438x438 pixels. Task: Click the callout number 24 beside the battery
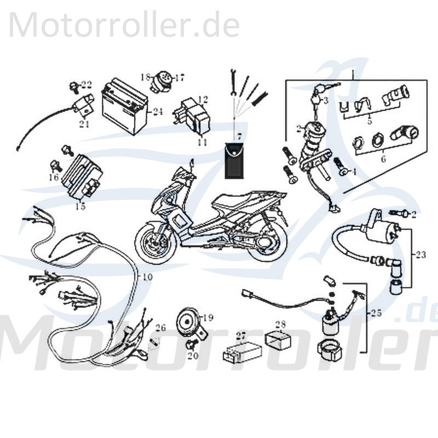tap(158, 112)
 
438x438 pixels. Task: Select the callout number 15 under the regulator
tap(80, 206)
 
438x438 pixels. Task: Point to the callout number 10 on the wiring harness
tap(147, 277)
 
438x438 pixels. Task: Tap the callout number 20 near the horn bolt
tap(193, 356)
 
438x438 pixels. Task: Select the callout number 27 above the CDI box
tap(241, 335)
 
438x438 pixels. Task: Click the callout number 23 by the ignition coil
tap(420, 254)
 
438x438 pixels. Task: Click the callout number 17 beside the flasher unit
tap(180, 78)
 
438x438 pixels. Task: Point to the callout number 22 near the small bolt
tap(87, 84)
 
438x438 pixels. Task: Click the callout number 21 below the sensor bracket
tap(83, 124)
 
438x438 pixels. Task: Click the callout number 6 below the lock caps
tap(383, 159)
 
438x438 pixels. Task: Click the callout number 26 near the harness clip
tap(160, 328)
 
